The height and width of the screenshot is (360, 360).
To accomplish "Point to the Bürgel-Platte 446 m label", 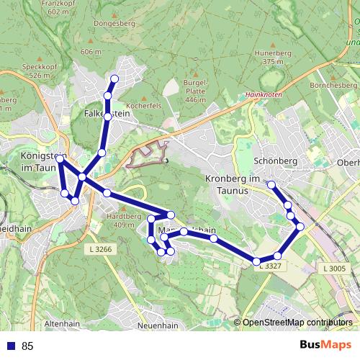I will click(x=194, y=90).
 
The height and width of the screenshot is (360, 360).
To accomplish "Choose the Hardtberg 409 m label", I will click(x=120, y=220).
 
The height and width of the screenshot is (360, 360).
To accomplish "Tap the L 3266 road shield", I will click(x=98, y=249).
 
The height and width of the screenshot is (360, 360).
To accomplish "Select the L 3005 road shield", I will click(x=334, y=268).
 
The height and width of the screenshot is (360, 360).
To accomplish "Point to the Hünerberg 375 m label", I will click(x=273, y=58).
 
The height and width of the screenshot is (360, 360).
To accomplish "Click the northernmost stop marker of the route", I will click(x=114, y=78).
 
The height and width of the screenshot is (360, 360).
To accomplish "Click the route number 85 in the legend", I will click(x=27, y=346).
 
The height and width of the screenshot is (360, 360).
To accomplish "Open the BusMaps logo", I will click(x=325, y=346).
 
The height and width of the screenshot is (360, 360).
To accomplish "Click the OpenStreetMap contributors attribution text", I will click(x=297, y=323).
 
